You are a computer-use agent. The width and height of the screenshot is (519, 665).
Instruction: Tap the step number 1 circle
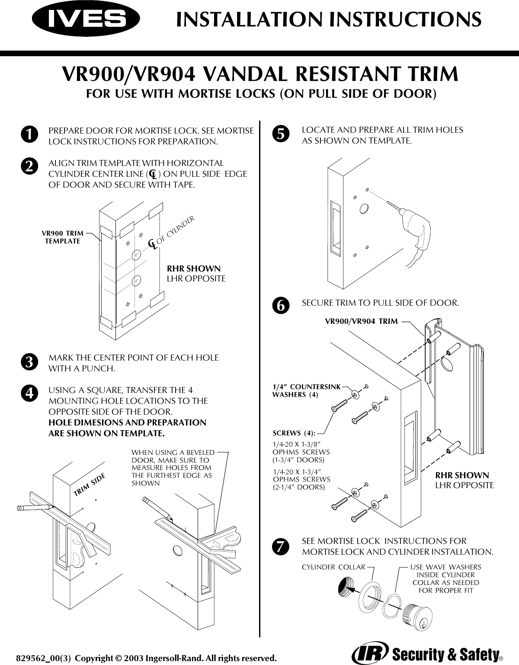[x=29, y=134]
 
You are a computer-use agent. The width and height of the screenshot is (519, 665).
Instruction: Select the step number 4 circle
[x=29, y=393]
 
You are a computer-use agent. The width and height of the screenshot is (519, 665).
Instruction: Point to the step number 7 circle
[x=280, y=547]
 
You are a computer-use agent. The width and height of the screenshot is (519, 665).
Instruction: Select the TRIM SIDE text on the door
[x=90, y=485]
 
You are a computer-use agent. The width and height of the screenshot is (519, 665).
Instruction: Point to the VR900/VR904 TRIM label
[x=361, y=321]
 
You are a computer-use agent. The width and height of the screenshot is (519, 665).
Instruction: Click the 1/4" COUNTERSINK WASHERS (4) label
[x=306, y=390]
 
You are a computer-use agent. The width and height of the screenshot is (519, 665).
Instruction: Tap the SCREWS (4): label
[x=294, y=433]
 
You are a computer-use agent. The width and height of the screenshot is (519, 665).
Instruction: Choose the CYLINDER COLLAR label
[x=333, y=567]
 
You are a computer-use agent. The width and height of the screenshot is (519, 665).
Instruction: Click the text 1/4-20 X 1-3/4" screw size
[x=298, y=471]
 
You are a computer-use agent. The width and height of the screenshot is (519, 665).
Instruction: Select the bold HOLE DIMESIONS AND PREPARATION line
[x=128, y=422]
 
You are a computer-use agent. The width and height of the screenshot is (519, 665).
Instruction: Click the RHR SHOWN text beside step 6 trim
[x=462, y=476]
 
